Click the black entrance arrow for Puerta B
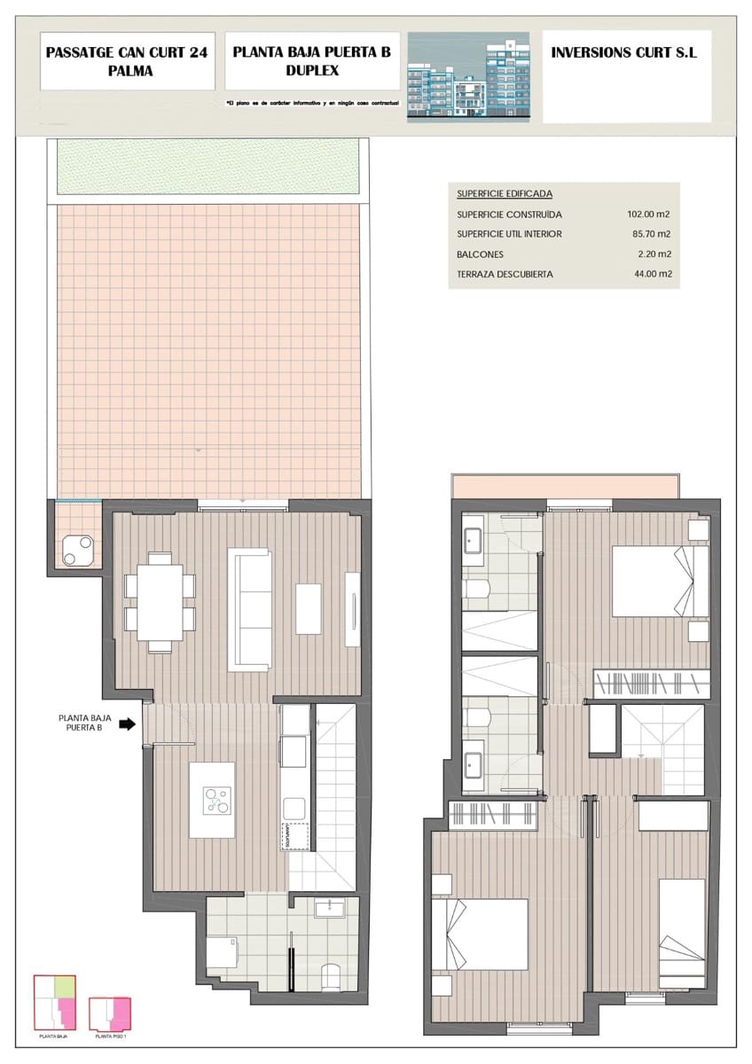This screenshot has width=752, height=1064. point(127,724)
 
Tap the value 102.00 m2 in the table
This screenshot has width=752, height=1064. point(648,215)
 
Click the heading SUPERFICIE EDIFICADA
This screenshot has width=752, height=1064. point(505,193)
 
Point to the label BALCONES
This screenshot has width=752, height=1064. point(481,254)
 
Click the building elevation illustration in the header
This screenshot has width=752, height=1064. point(467,80)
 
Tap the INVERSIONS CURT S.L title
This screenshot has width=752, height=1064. point(624,53)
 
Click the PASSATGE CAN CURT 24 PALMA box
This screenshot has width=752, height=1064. point(127,62)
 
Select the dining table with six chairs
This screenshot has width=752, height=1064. point(161,601)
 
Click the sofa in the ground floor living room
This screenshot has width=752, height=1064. point(249,608)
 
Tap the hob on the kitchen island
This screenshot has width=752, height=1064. point(215,801)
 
